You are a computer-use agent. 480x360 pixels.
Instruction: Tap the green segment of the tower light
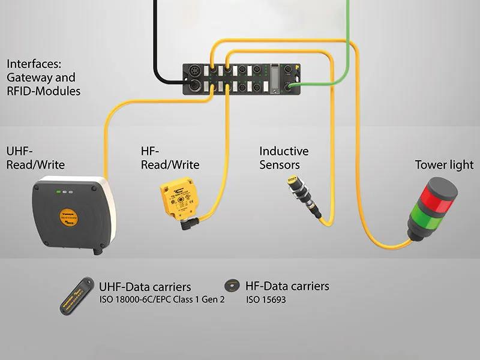430,214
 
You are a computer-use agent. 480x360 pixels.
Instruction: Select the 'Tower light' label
444,165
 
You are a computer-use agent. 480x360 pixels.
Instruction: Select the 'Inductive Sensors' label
284,158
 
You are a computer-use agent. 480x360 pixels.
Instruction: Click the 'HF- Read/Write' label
166,158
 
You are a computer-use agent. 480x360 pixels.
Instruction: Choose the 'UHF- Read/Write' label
35,158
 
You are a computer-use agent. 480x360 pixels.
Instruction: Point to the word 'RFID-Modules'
43,91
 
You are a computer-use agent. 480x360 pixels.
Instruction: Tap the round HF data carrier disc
230,286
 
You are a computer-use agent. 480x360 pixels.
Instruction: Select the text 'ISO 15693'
266,299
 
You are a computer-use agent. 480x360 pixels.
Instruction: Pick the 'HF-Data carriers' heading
287,286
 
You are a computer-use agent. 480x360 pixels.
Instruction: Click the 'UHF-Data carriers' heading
145,287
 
